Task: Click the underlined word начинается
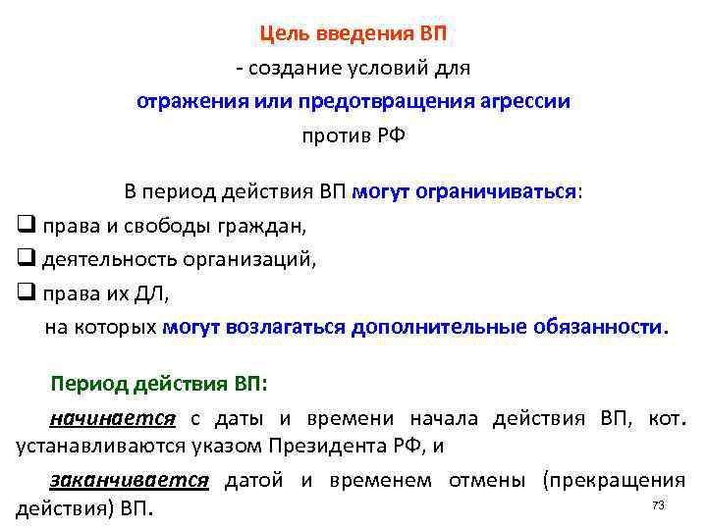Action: click(x=111, y=418)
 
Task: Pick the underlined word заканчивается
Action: click(x=129, y=480)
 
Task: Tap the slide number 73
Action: click(x=659, y=504)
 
